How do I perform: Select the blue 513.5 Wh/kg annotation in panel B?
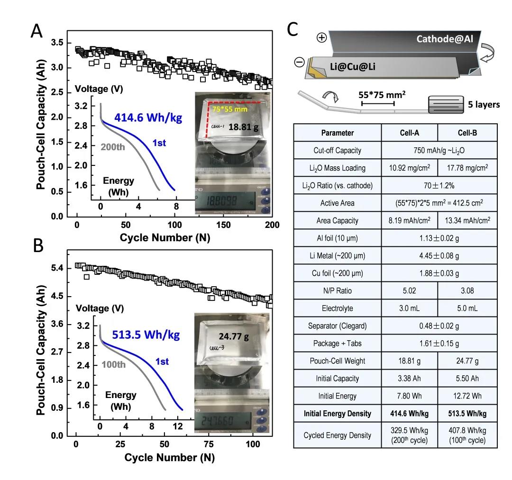[x=146, y=335]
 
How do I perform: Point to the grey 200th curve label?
[x=114, y=146]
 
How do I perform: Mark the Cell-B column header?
[x=467, y=133]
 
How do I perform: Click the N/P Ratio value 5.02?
[x=410, y=290]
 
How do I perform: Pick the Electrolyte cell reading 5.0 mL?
[x=467, y=308]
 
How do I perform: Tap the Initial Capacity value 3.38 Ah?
[x=410, y=378]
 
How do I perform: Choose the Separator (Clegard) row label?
[x=338, y=326]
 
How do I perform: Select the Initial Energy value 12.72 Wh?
[x=467, y=396]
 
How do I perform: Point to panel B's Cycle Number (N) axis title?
[x=169, y=458]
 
